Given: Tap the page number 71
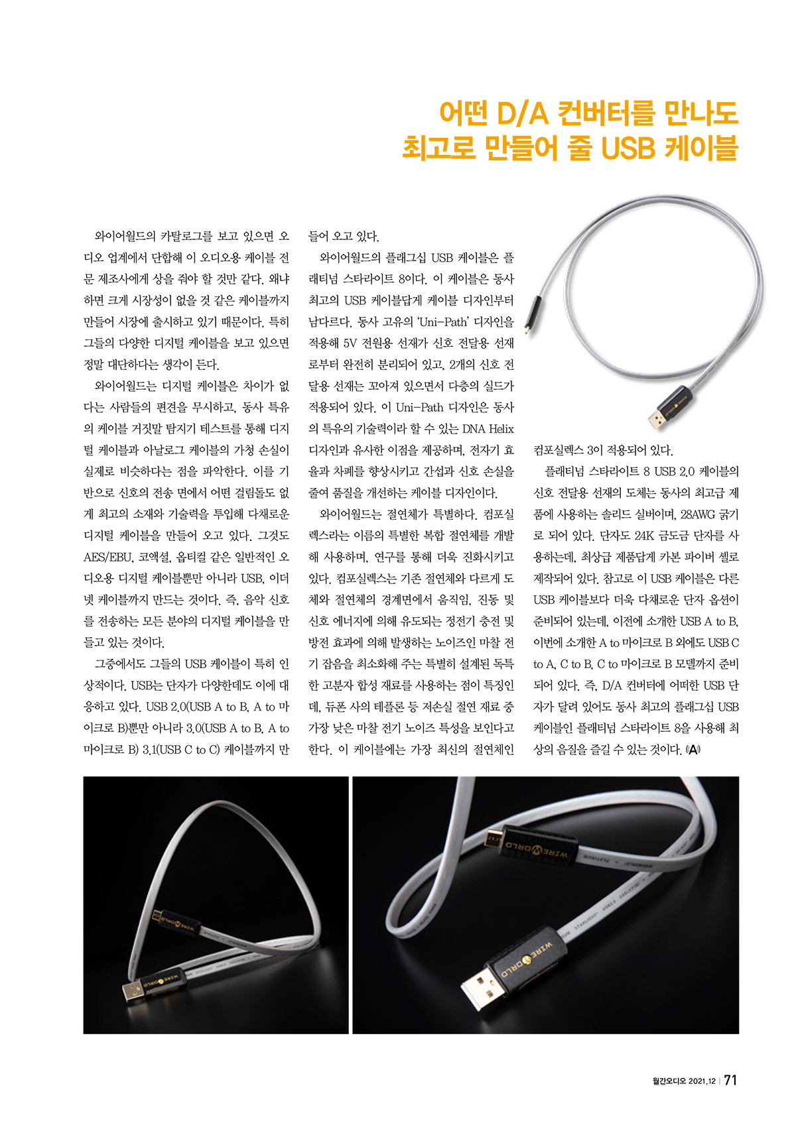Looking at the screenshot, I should pos(730,1080).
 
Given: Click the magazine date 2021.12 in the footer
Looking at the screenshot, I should pos(701,1081).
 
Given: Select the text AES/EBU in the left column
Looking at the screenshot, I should pos(108,558).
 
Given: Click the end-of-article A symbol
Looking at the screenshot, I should pos(693,750).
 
